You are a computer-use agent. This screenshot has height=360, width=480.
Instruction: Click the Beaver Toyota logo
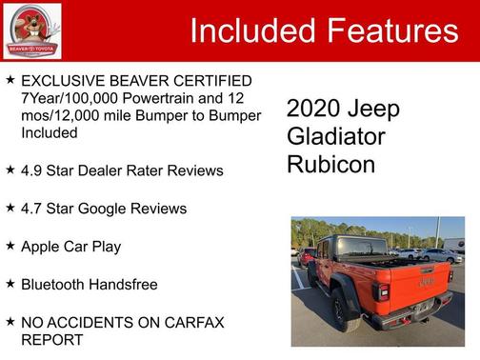[x=31, y=30]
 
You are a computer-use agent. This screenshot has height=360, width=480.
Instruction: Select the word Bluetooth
[x=57, y=285]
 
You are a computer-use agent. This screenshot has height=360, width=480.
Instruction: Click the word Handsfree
[x=129, y=285]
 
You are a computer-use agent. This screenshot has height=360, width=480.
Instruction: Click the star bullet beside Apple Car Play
[x=10, y=246]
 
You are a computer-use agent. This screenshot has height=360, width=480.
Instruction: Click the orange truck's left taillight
[x=382, y=291]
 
